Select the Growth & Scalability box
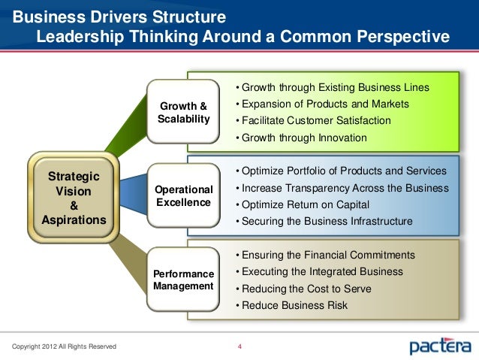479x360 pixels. coord(183,112)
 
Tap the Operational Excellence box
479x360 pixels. coord(183,196)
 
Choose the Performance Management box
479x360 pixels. coord(183,280)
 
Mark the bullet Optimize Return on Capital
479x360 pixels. coord(303,204)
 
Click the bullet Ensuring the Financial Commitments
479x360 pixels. coord(325,255)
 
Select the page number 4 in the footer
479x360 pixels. coord(239,346)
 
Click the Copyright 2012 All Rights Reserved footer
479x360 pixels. coord(59,346)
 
